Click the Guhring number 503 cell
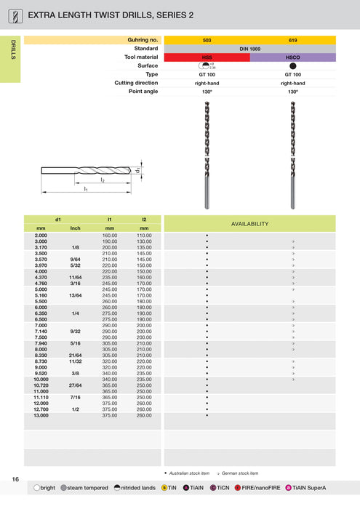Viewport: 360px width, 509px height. pos(207,40)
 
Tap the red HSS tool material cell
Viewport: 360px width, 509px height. pos(207,57)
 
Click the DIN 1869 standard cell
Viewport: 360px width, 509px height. pos(249,49)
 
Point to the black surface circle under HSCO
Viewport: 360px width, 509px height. pos(292,65)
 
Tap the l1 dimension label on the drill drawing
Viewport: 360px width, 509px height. pos(85,189)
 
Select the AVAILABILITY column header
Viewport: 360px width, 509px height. pos(249,223)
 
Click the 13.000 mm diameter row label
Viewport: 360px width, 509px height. pos(41,415)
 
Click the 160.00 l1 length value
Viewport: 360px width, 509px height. pos(110,236)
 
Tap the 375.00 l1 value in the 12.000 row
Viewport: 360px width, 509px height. pos(110,404)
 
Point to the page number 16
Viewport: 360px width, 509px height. pos(15,478)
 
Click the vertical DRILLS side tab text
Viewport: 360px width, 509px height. pos(13,50)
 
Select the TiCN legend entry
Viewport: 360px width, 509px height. pos(217,487)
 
